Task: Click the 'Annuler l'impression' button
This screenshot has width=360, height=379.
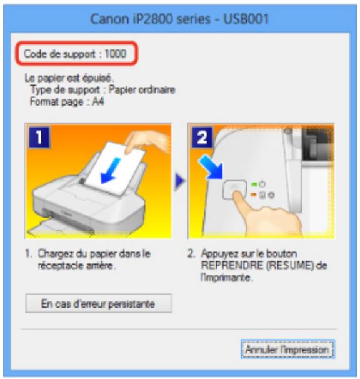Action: (287, 350)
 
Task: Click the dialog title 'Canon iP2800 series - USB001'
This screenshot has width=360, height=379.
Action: (179, 18)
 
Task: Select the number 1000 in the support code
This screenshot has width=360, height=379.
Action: (116, 54)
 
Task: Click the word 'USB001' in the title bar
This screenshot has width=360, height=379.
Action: (247, 18)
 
